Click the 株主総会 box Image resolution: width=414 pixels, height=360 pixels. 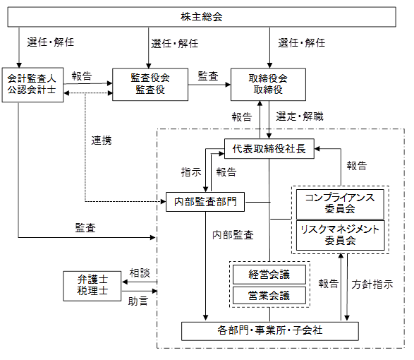[x=202, y=17]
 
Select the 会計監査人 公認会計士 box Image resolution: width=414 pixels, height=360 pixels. [x=32, y=85]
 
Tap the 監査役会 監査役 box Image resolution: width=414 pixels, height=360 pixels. [x=150, y=85]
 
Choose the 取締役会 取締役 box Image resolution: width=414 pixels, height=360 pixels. [x=268, y=85]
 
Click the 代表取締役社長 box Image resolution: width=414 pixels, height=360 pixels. [x=269, y=148]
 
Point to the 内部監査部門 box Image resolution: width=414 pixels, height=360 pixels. [x=205, y=202]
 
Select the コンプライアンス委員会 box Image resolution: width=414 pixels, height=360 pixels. [x=340, y=204]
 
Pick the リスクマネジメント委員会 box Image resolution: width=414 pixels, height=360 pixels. [x=341, y=235]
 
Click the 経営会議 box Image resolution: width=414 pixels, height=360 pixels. [x=269, y=275]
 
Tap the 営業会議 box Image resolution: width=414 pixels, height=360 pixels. [x=269, y=295]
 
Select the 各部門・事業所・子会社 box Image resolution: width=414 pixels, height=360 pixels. [x=270, y=331]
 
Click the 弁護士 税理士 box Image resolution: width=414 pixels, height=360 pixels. [x=92, y=286]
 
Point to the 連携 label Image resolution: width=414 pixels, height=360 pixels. [x=102, y=140]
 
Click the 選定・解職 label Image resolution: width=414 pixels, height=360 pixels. [x=300, y=116]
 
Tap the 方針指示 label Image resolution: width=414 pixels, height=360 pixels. [x=372, y=284]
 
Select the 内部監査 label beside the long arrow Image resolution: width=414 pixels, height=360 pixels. [x=233, y=235]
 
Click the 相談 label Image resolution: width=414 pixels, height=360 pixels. [x=140, y=273]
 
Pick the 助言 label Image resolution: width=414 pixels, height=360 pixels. [x=138, y=301]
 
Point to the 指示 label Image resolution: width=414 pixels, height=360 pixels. [x=191, y=172]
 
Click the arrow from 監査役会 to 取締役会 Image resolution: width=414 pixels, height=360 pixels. [x=209, y=85]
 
